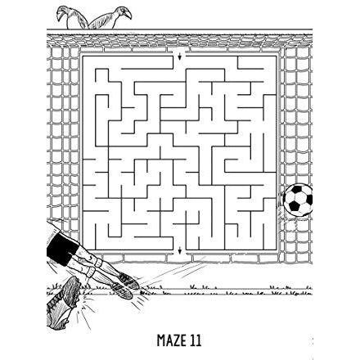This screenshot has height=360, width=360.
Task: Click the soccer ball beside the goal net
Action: coord(298,200)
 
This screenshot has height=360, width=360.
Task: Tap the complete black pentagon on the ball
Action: coord(294,206)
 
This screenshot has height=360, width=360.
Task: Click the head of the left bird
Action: coord(61,11)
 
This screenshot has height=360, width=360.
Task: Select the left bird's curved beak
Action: coord(59,15)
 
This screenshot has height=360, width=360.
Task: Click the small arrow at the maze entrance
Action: coord(180,57)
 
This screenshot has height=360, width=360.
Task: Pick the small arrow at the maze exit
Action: coord(180,251)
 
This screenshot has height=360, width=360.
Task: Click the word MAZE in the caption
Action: coord(171,340)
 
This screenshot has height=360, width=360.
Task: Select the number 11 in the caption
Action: coord(196,340)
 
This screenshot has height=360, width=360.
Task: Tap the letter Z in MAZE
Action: coord(175,340)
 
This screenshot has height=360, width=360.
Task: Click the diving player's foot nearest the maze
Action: coord(128,280)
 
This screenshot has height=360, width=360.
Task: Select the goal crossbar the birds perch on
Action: coord(179,29)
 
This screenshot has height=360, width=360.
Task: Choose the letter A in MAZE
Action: coord(168,340)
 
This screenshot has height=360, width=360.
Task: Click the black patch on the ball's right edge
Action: coord(310,200)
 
